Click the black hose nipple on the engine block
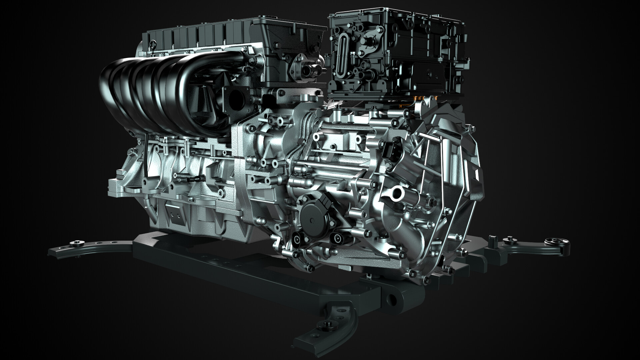point(193,179)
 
